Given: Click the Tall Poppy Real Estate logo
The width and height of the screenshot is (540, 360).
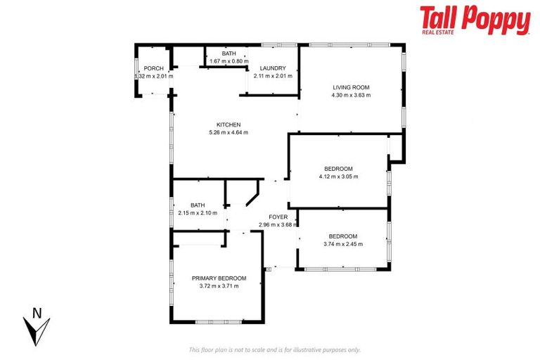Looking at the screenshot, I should [475, 20].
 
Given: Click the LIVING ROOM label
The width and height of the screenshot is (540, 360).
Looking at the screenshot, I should [351, 88].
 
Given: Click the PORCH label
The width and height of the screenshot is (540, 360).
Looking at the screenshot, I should [153, 69].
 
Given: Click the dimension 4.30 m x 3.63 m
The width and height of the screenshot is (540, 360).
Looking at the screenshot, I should [351, 96].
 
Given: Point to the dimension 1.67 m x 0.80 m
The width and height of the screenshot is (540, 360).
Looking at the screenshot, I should [229, 61].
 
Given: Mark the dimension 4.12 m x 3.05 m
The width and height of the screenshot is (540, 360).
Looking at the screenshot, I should [338, 176].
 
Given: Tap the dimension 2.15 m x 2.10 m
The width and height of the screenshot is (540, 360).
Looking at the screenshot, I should [198, 212].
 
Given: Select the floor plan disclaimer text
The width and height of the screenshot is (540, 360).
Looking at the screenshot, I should [275, 349].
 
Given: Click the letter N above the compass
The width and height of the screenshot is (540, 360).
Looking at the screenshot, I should [37, 313].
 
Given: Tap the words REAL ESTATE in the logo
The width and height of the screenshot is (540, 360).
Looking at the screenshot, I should [439, 32].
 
